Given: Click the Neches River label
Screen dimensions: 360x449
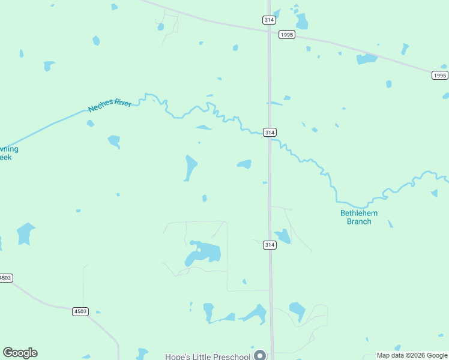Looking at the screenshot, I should click(110, 106).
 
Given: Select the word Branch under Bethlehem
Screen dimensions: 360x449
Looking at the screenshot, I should click(360, 221).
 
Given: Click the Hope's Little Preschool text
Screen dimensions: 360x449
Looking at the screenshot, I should click(208, 356).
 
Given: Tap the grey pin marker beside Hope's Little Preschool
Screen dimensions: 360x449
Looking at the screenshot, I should click(260, 355).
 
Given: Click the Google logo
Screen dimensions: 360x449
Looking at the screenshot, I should click(20, 353).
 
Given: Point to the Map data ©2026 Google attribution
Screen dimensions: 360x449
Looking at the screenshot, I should click(412, 355).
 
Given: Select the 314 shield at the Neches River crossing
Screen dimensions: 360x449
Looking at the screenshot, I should click(270, 132).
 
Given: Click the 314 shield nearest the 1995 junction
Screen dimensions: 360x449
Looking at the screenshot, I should click(270, 20).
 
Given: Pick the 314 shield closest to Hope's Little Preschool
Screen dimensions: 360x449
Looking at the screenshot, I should click(270, 245).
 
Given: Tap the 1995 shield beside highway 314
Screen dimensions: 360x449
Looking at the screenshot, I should click(287, 35).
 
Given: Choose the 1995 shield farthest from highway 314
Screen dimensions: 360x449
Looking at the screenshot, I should click(440, 75).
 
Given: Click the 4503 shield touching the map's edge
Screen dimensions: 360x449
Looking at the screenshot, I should click(5, 278).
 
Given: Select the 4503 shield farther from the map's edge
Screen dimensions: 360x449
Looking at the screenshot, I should click(80, 311).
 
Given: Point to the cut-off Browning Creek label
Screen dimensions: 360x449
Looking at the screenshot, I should click(7, 153).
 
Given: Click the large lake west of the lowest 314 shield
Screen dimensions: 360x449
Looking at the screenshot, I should click(202, 253).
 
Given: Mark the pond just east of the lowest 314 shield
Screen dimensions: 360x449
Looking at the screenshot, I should click(282, 236).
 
